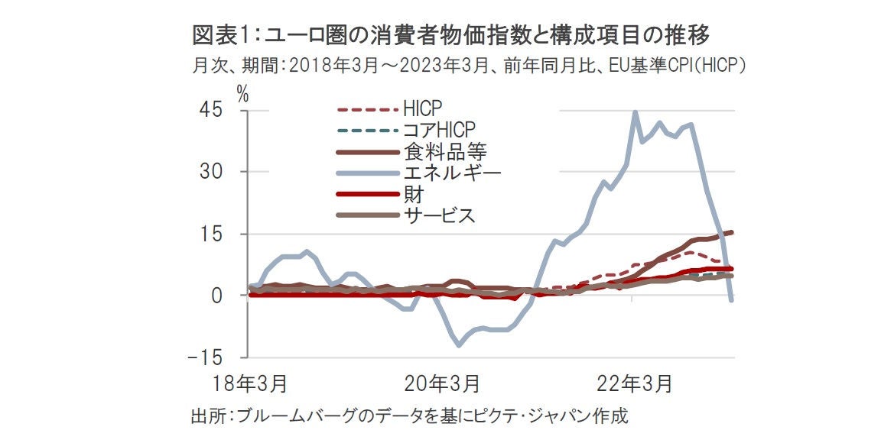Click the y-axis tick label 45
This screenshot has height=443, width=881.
coord(212,111)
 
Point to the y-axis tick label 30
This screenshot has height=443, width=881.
coord(212,172)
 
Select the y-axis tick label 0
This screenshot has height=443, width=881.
coord(217,296)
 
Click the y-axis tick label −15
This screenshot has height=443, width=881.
coord(207,357)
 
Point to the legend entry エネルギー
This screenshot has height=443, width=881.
coord(451,173)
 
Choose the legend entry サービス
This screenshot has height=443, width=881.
coord(440,215)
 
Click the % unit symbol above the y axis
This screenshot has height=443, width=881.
coord(242,93)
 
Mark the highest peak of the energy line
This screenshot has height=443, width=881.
coord(635,112)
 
